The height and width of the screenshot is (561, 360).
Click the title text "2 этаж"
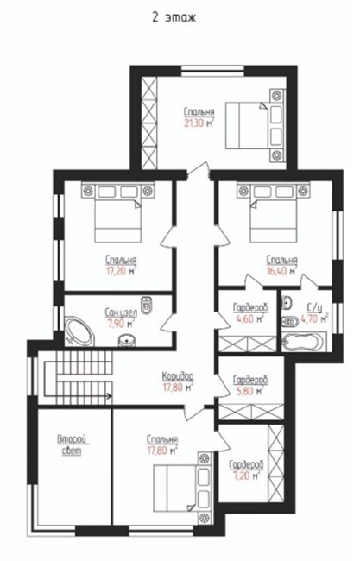174,18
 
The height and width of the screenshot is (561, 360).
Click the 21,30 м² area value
199,123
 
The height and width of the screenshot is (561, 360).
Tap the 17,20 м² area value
121,272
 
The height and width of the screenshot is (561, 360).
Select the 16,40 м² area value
281,272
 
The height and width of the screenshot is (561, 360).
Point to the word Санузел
121,312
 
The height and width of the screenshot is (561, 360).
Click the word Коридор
178,376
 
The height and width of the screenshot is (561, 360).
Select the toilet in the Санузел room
146,306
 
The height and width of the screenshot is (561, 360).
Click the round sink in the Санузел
127,340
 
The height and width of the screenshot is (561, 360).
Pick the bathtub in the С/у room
303,342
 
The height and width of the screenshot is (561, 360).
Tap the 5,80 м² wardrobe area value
249,391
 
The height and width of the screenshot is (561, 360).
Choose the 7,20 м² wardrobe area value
245,476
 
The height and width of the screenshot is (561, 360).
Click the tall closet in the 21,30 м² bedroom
149,123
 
